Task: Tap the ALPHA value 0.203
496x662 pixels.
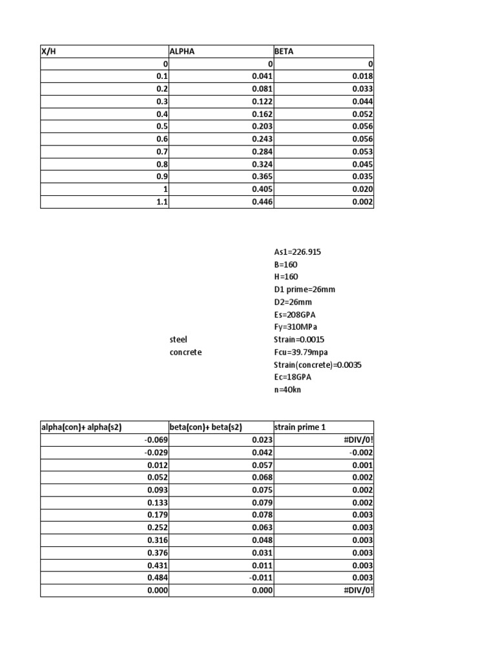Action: pyautogui.click(x=262, y=127)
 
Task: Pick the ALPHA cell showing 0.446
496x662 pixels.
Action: pyautogui.click(x=262, y=202)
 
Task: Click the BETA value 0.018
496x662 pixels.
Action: pyautogui.click(x=362, y=76)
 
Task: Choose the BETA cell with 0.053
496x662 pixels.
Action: pyautogui.click(x=362, y=152)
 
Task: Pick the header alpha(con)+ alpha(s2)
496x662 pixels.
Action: pyautogui.click(x=82, y=427)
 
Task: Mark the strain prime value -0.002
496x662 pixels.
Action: pyautogui.click(x=362, y=453)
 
